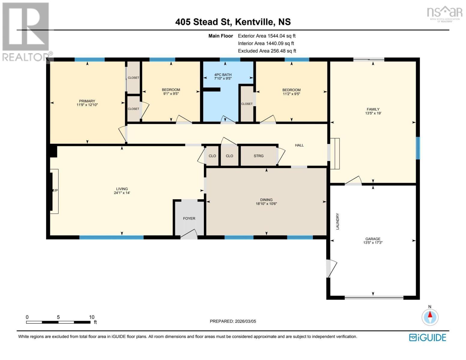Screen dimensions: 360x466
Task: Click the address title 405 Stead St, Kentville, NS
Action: [x=233, y=22]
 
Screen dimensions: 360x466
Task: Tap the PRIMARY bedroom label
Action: [x=87, y=101]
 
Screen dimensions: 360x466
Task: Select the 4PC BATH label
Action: [x=223, y=75]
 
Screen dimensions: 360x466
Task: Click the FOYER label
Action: [x=189, y=218]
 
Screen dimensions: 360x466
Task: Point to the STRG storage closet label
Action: [x=259, y=156]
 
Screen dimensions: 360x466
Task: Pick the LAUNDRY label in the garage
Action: [x=337, y=221]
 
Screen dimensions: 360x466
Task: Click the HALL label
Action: [x=299, y=145]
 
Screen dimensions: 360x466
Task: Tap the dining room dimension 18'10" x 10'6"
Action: [x=266, y=204]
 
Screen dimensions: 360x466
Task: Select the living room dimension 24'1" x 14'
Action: [x=122, y=193]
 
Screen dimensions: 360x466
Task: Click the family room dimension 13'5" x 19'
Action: [x=373, y=113]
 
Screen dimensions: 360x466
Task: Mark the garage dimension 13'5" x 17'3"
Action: [x=373, y=243]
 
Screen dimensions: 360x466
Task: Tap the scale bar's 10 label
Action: [x=92, y=317]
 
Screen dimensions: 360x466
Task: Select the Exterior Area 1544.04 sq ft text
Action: [x=267, y=36]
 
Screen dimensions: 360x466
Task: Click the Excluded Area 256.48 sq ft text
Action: [x=267, y=51]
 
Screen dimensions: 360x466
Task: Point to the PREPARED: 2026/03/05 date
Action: [x=233, y=321]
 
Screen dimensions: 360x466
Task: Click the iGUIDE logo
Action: [x=428, y=337]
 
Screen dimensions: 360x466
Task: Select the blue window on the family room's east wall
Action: [x=418, y=148]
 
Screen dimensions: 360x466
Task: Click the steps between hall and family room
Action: [x=335, y=153]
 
